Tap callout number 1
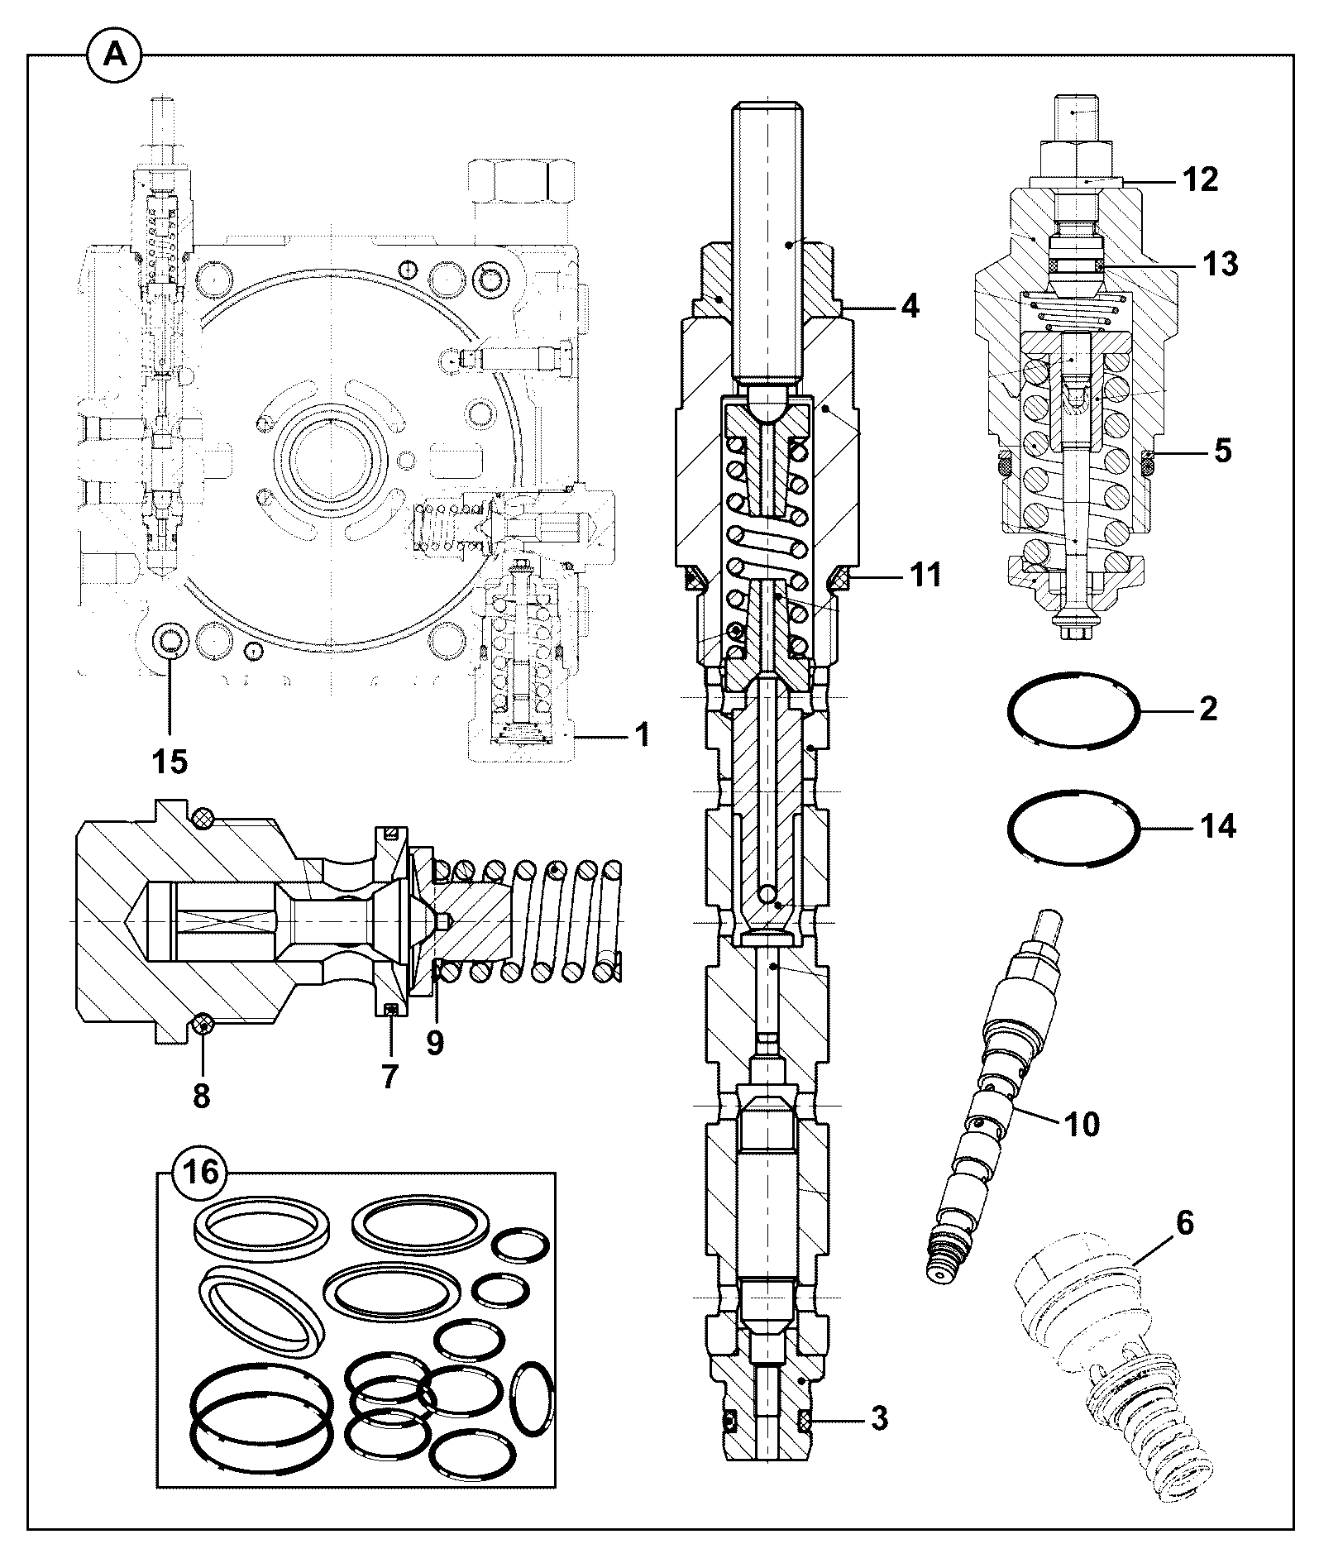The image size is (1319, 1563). click(x=642, y=734)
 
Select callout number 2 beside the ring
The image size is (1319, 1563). click(x=1208, y=709)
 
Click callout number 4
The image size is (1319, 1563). click(x=909, y=307)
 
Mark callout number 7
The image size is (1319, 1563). click(x=389, y=1076)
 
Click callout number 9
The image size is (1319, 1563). click(x=435, y=1042)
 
